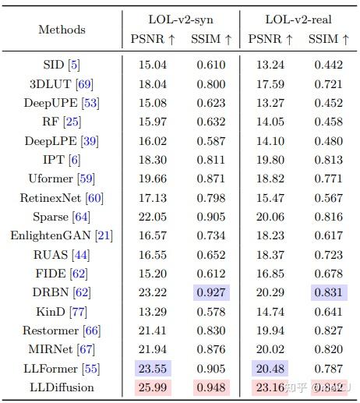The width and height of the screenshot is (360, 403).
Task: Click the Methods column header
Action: pyautogui.click(x=62, y=30)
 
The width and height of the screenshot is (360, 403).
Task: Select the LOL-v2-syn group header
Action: pyautogui.click(x=181, y=19)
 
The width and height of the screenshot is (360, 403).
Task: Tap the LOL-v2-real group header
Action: pyautogui.click(x=295, y=19)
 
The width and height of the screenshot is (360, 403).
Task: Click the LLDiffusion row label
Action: pyautogui.click(x=62, y=387)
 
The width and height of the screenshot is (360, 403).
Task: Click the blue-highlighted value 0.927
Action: pyautogui.click(x=210, y=293)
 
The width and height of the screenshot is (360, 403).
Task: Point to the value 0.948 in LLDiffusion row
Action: pyautogui.click(x=210, y=387)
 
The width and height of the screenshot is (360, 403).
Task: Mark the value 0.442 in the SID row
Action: pyautogui.click(x=328, y=65)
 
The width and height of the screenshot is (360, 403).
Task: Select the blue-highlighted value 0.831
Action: pyautogui.click(x=328, y=293)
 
